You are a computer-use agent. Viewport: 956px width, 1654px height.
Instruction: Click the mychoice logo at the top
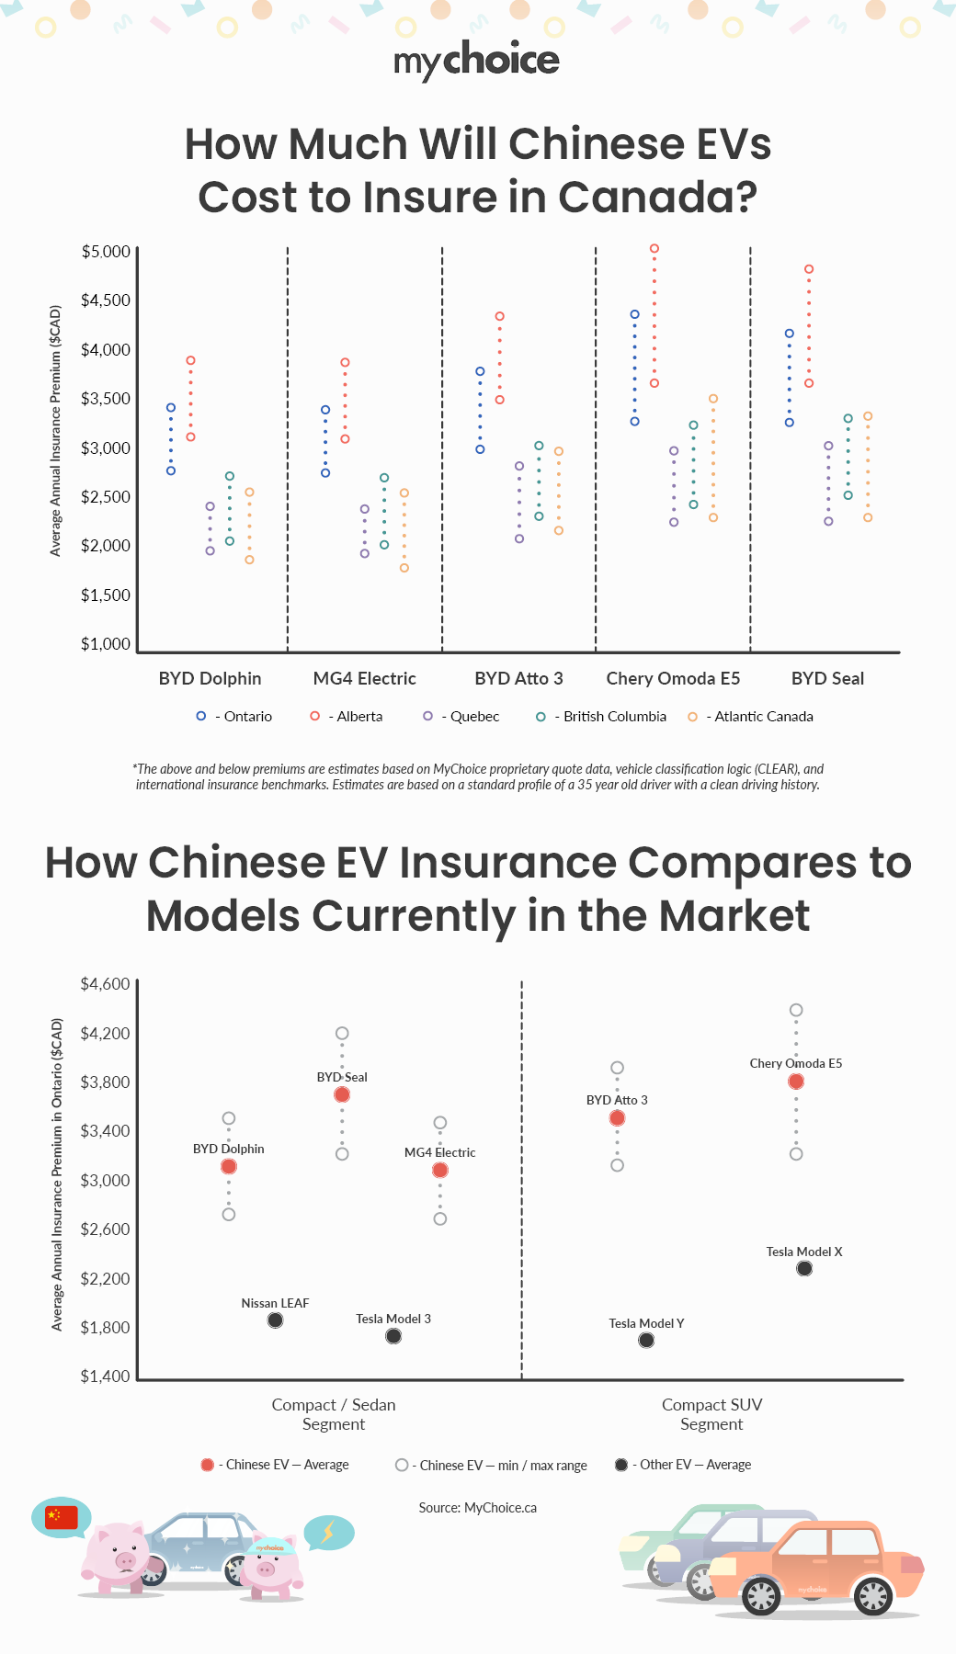click(476, 61)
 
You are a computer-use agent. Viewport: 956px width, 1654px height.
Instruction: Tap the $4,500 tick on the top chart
click(106, 300)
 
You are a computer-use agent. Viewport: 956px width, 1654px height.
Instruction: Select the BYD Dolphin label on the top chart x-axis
click(210, 679)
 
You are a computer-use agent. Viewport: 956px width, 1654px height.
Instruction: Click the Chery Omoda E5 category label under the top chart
click(673, 679)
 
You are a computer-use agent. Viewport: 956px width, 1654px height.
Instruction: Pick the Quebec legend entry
click(462, 717)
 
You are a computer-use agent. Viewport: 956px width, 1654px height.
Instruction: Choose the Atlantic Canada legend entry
click(752, 717)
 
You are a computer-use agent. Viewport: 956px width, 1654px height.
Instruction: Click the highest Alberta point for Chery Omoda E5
click(654, 249)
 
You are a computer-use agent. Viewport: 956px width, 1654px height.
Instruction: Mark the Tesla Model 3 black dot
click(393, 1336)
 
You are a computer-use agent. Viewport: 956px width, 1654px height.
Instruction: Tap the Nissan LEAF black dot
click(275, 1320)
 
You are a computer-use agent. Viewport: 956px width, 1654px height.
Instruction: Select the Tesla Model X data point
click(804, 1269)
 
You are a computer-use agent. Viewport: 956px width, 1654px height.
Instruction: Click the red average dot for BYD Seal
click(342, 1094)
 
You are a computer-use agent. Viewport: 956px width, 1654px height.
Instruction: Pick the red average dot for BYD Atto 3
click(617, 1118)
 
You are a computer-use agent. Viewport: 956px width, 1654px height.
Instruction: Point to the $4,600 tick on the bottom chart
click(106, 984)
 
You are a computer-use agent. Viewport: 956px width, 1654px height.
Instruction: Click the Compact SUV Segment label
click(711, 1415)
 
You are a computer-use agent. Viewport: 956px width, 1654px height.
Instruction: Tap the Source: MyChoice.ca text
click(477, 1508)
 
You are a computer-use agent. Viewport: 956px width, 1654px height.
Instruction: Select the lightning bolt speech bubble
click(328, 1532)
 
